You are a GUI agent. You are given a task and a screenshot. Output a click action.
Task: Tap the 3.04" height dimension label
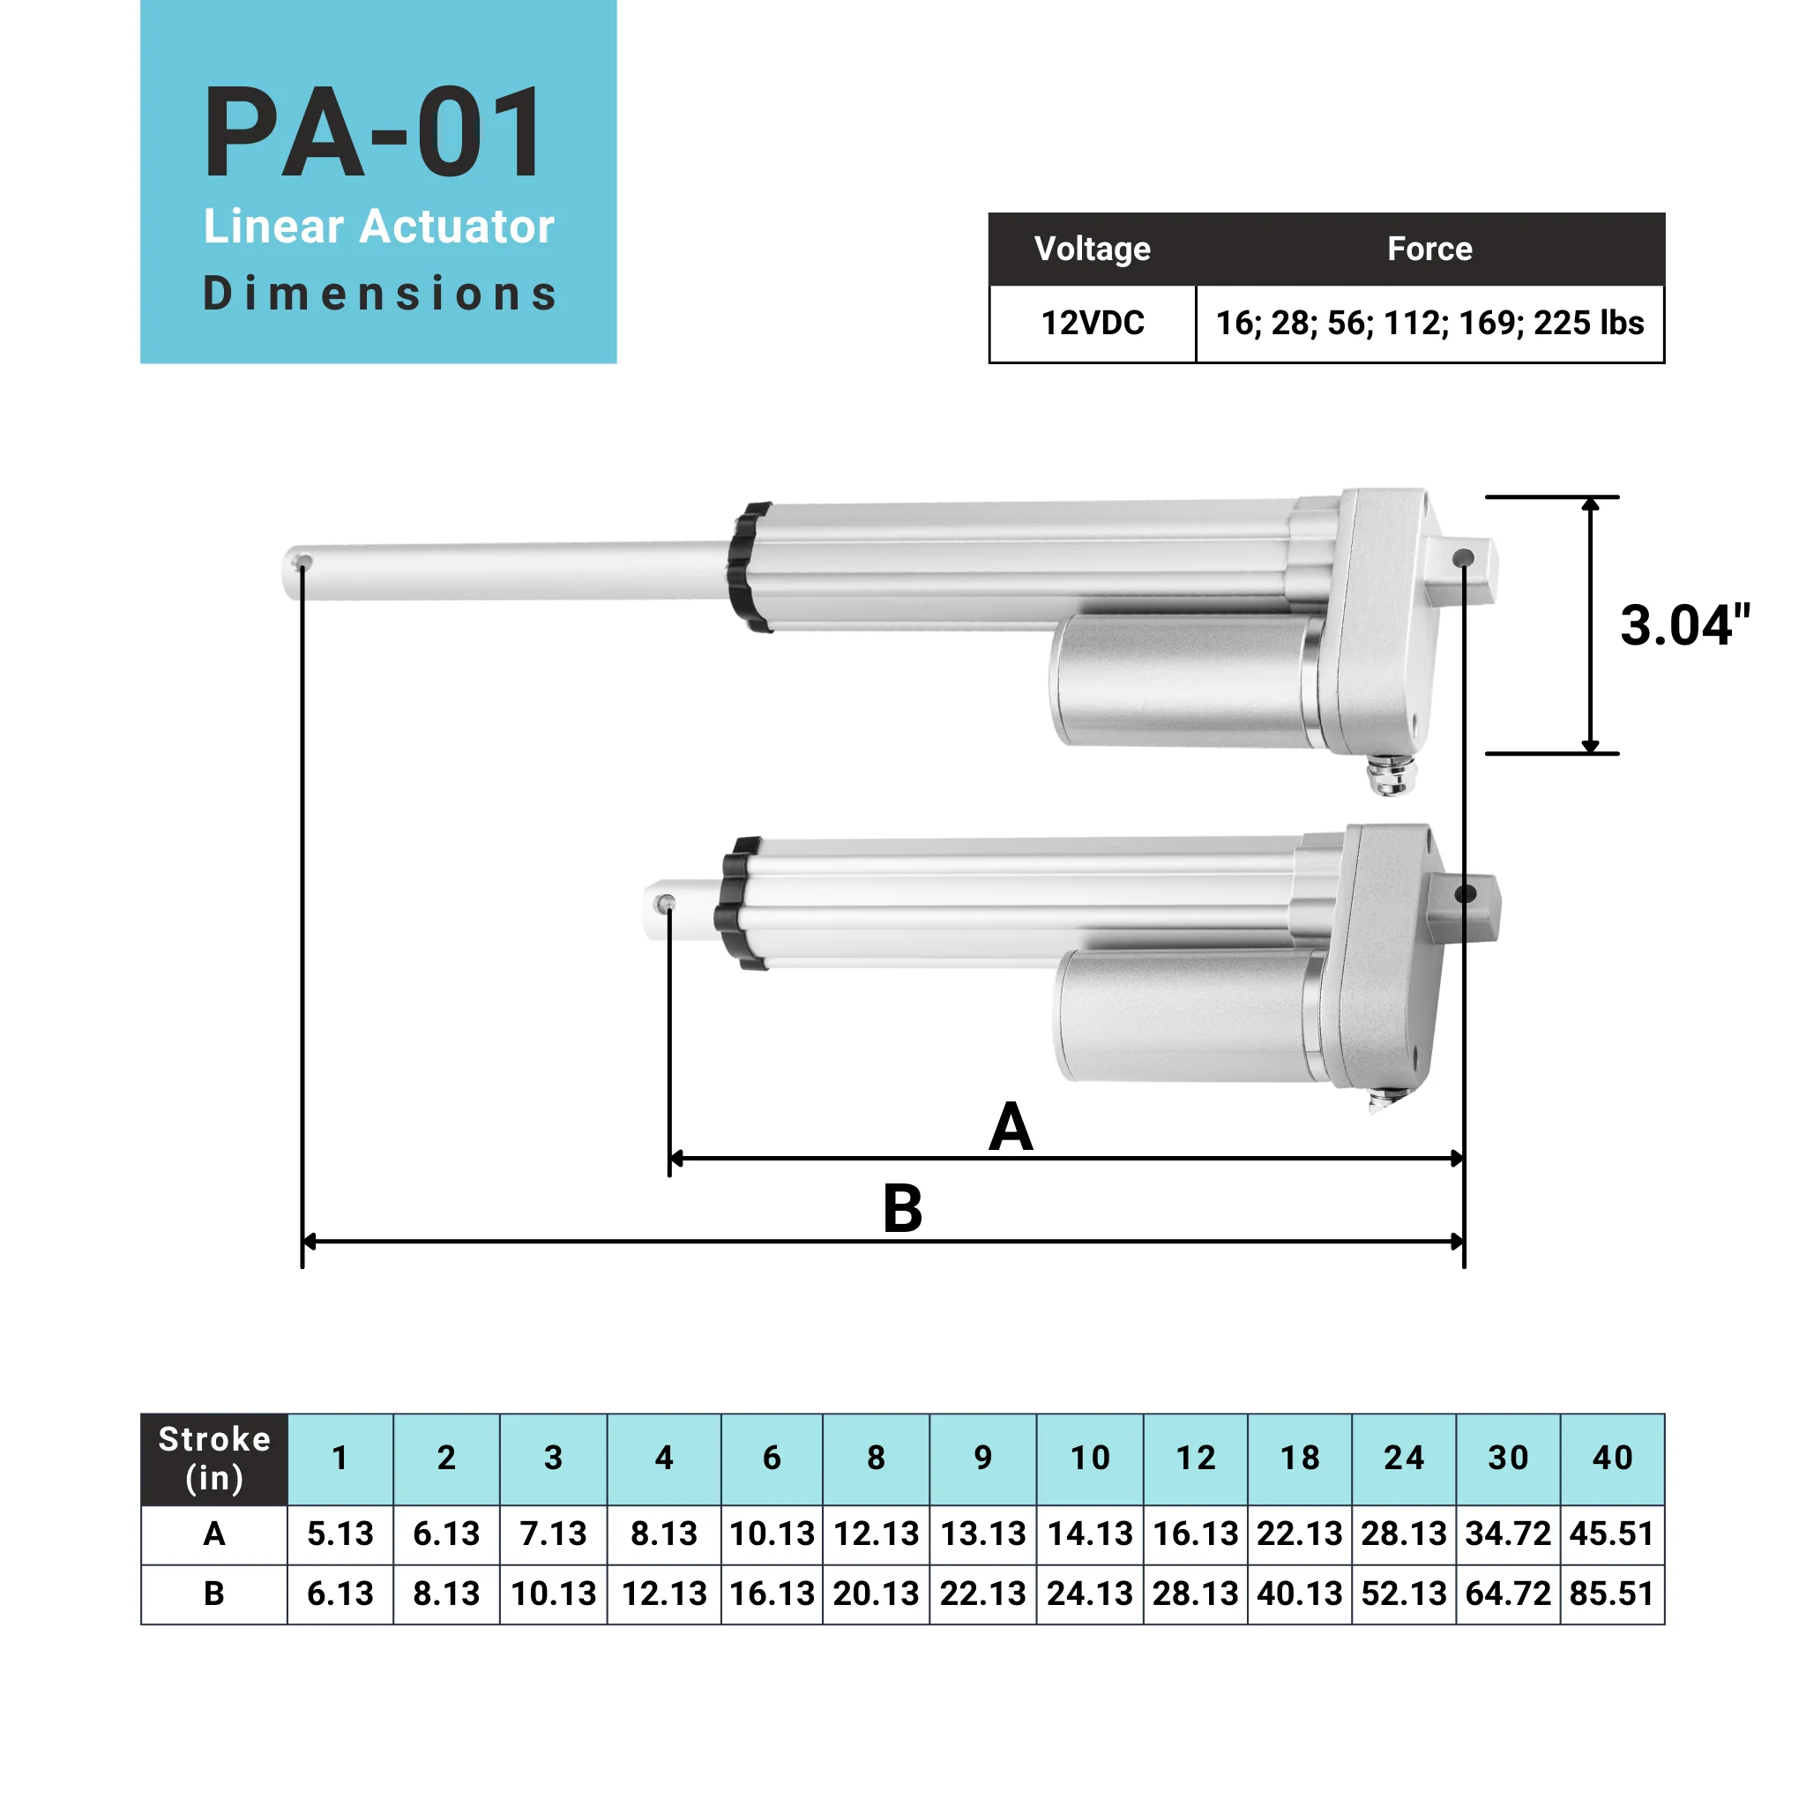click(1683, 625)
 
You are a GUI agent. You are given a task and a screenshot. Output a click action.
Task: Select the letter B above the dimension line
click(902, 1210)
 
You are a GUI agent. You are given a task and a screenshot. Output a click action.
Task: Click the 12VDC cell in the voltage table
click(1092, 324)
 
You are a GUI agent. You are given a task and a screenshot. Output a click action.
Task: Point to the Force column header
click(1429, 249)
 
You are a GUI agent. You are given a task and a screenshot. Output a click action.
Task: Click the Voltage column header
click(1092, 249)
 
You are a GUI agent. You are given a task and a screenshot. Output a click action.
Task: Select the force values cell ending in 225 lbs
click(1429, 324)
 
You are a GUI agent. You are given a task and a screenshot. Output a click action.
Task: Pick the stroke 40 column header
click(1612, 1458)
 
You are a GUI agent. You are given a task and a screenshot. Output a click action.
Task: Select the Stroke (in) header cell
click(214, 1459)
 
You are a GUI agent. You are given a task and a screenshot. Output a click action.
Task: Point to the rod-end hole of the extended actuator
click(302, 562)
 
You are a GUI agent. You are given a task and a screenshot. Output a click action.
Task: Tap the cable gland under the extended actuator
click(1391, 775)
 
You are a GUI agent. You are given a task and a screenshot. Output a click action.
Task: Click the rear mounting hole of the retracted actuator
click(1465, 894)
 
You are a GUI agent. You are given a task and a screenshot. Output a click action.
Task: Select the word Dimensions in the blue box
click(379, 294)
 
